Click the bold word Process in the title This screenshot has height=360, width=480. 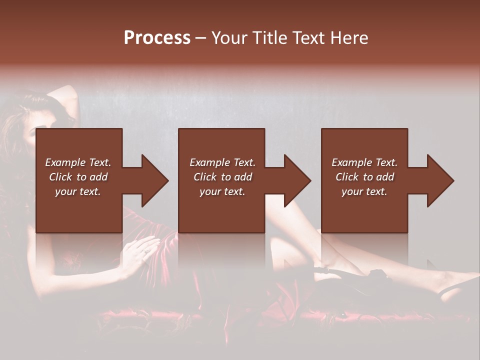coord(157,38)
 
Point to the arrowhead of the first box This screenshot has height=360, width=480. coord(155,180)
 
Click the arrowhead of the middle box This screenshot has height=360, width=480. coord(297,180)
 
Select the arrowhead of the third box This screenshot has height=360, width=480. coord(440,180)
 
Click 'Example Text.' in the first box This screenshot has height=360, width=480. coord(78,162)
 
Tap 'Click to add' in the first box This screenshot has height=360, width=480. coord(78,177)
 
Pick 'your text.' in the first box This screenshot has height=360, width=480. coord(78,191)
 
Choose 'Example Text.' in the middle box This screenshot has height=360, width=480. coord(222,162)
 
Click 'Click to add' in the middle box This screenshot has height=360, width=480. coord(222,177)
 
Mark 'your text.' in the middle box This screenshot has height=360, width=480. coord(222,191)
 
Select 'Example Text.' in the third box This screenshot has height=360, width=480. coord(364,162)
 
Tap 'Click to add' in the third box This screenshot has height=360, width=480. coord(364,177)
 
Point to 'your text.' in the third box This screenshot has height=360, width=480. coord(364,191)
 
